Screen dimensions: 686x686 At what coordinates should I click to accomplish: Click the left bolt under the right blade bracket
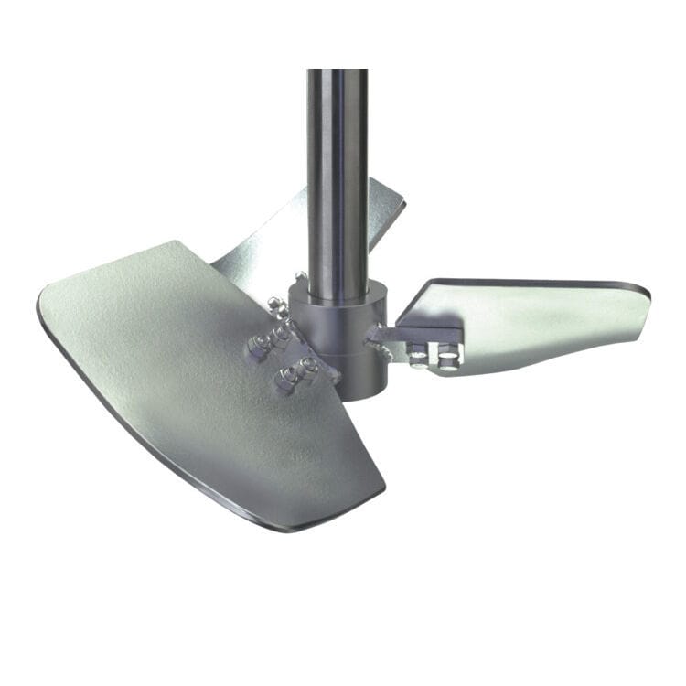419,354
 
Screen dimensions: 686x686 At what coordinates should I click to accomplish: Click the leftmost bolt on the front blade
260,344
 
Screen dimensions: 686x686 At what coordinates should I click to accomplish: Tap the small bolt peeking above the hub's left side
300,277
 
